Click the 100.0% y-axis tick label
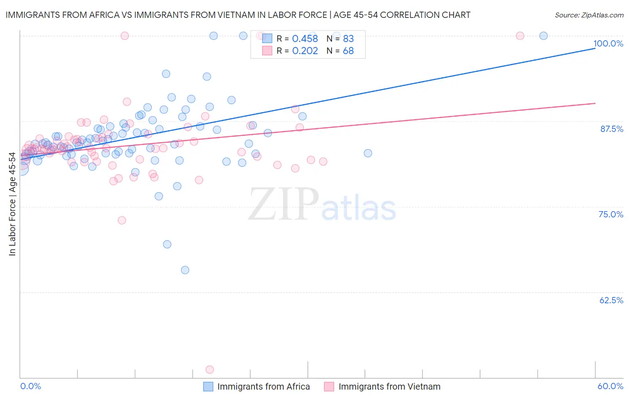pos(608,43)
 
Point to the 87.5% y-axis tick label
pos(612,129)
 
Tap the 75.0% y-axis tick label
pos(611,214)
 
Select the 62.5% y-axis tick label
pos(611,300)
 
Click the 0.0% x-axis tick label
pos(30,386)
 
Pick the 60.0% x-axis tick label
pos(610,386)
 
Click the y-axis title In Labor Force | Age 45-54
pos(12,204)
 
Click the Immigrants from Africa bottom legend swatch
pos(208,386)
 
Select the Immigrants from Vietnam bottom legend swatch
pos(329,386)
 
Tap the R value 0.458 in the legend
pos(305,39)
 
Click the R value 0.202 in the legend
pos(305,51)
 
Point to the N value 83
pos(348,39)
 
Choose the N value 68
pos(348,51)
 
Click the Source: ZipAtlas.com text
pos(589,15)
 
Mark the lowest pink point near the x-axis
pos(209,369)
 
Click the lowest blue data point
pos(185,270)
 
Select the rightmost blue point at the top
pos(544,36)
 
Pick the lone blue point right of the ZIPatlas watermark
pos(368,153)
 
